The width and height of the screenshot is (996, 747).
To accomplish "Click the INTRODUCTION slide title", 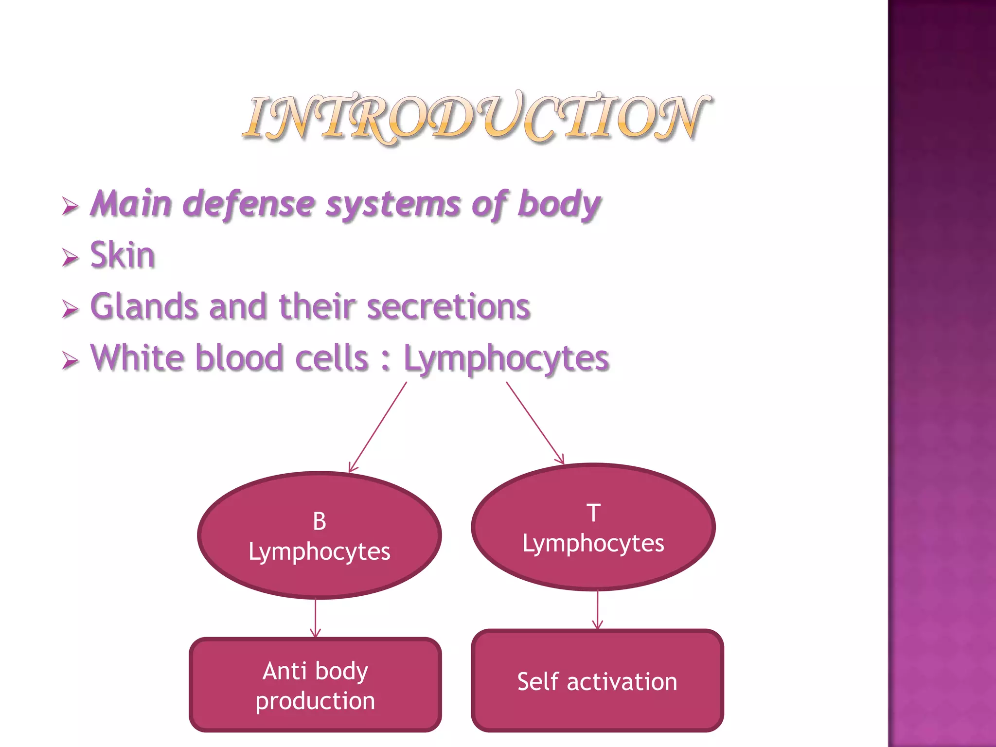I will coord(477,118).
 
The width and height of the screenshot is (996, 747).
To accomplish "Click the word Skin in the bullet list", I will coord(123,255).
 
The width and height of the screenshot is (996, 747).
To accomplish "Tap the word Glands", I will coord(144,307).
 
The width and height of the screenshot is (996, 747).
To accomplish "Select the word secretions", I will coord(448,307).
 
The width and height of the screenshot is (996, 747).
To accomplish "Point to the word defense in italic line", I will coord(249,204).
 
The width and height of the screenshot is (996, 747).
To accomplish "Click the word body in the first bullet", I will coord(559,204).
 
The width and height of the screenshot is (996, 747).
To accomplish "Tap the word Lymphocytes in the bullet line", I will coord(506,359).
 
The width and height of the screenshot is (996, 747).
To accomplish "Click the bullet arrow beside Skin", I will coord(70,257).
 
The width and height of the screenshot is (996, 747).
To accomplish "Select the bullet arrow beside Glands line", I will coord(70,309).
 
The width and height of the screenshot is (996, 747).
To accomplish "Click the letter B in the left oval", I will coord(320,521).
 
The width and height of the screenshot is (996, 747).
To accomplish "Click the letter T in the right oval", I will coord(593,513).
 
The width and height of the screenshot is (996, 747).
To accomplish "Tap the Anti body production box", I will coord(315,685).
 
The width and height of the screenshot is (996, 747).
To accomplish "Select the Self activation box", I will coord(597,681).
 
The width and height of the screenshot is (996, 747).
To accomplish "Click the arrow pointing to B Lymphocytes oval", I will coord(378,427).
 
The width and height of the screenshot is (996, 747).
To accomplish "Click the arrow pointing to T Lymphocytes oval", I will coord(535,423).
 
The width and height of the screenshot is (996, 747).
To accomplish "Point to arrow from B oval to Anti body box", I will coord(315,618).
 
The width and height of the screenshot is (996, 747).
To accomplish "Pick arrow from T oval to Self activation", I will coord(598,610).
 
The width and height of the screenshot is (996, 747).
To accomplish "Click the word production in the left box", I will coord(315,701).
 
